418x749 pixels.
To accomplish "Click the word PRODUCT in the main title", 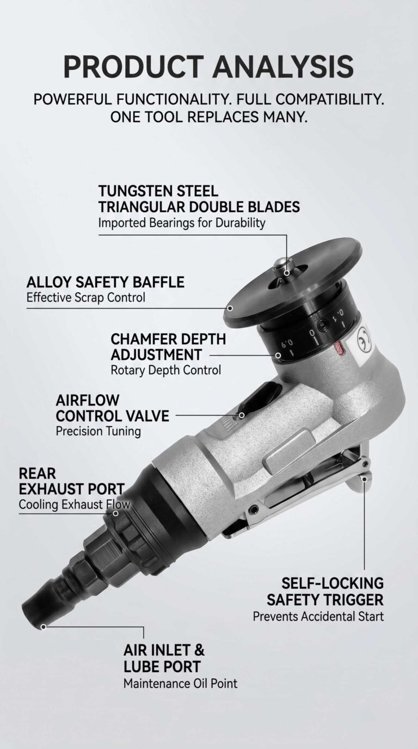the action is (x=133, y=66).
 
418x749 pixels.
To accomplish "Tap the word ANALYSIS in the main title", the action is (x=283, y=66).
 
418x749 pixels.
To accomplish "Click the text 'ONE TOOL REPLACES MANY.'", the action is (x=208, y=117).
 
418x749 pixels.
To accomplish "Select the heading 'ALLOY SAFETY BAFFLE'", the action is (x=106, y=282).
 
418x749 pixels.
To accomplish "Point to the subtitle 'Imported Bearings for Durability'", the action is (x=182, y=223).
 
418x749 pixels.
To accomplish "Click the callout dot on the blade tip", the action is (x=287, y=273).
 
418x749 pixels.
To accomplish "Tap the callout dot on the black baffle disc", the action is (x=230, y=308).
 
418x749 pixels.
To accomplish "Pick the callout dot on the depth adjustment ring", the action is (x=278, y=355).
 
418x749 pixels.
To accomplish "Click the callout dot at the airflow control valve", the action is (x=242, y=415).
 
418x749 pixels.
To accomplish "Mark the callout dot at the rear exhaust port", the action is (x=115, y=513).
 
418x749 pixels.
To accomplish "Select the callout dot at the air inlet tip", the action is (x=43, y=627).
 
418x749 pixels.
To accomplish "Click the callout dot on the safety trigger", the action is (x=365, y=479).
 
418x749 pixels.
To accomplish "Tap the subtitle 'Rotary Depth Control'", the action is (x=166, y=371).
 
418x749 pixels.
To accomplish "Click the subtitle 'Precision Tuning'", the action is (x=99, y=431).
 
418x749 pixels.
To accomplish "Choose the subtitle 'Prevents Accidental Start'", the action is (x=318, y=616).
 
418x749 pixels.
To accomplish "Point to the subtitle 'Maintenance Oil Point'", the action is (x=181, y=684).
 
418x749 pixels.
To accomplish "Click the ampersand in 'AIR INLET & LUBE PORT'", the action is (x=198, y=650).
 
